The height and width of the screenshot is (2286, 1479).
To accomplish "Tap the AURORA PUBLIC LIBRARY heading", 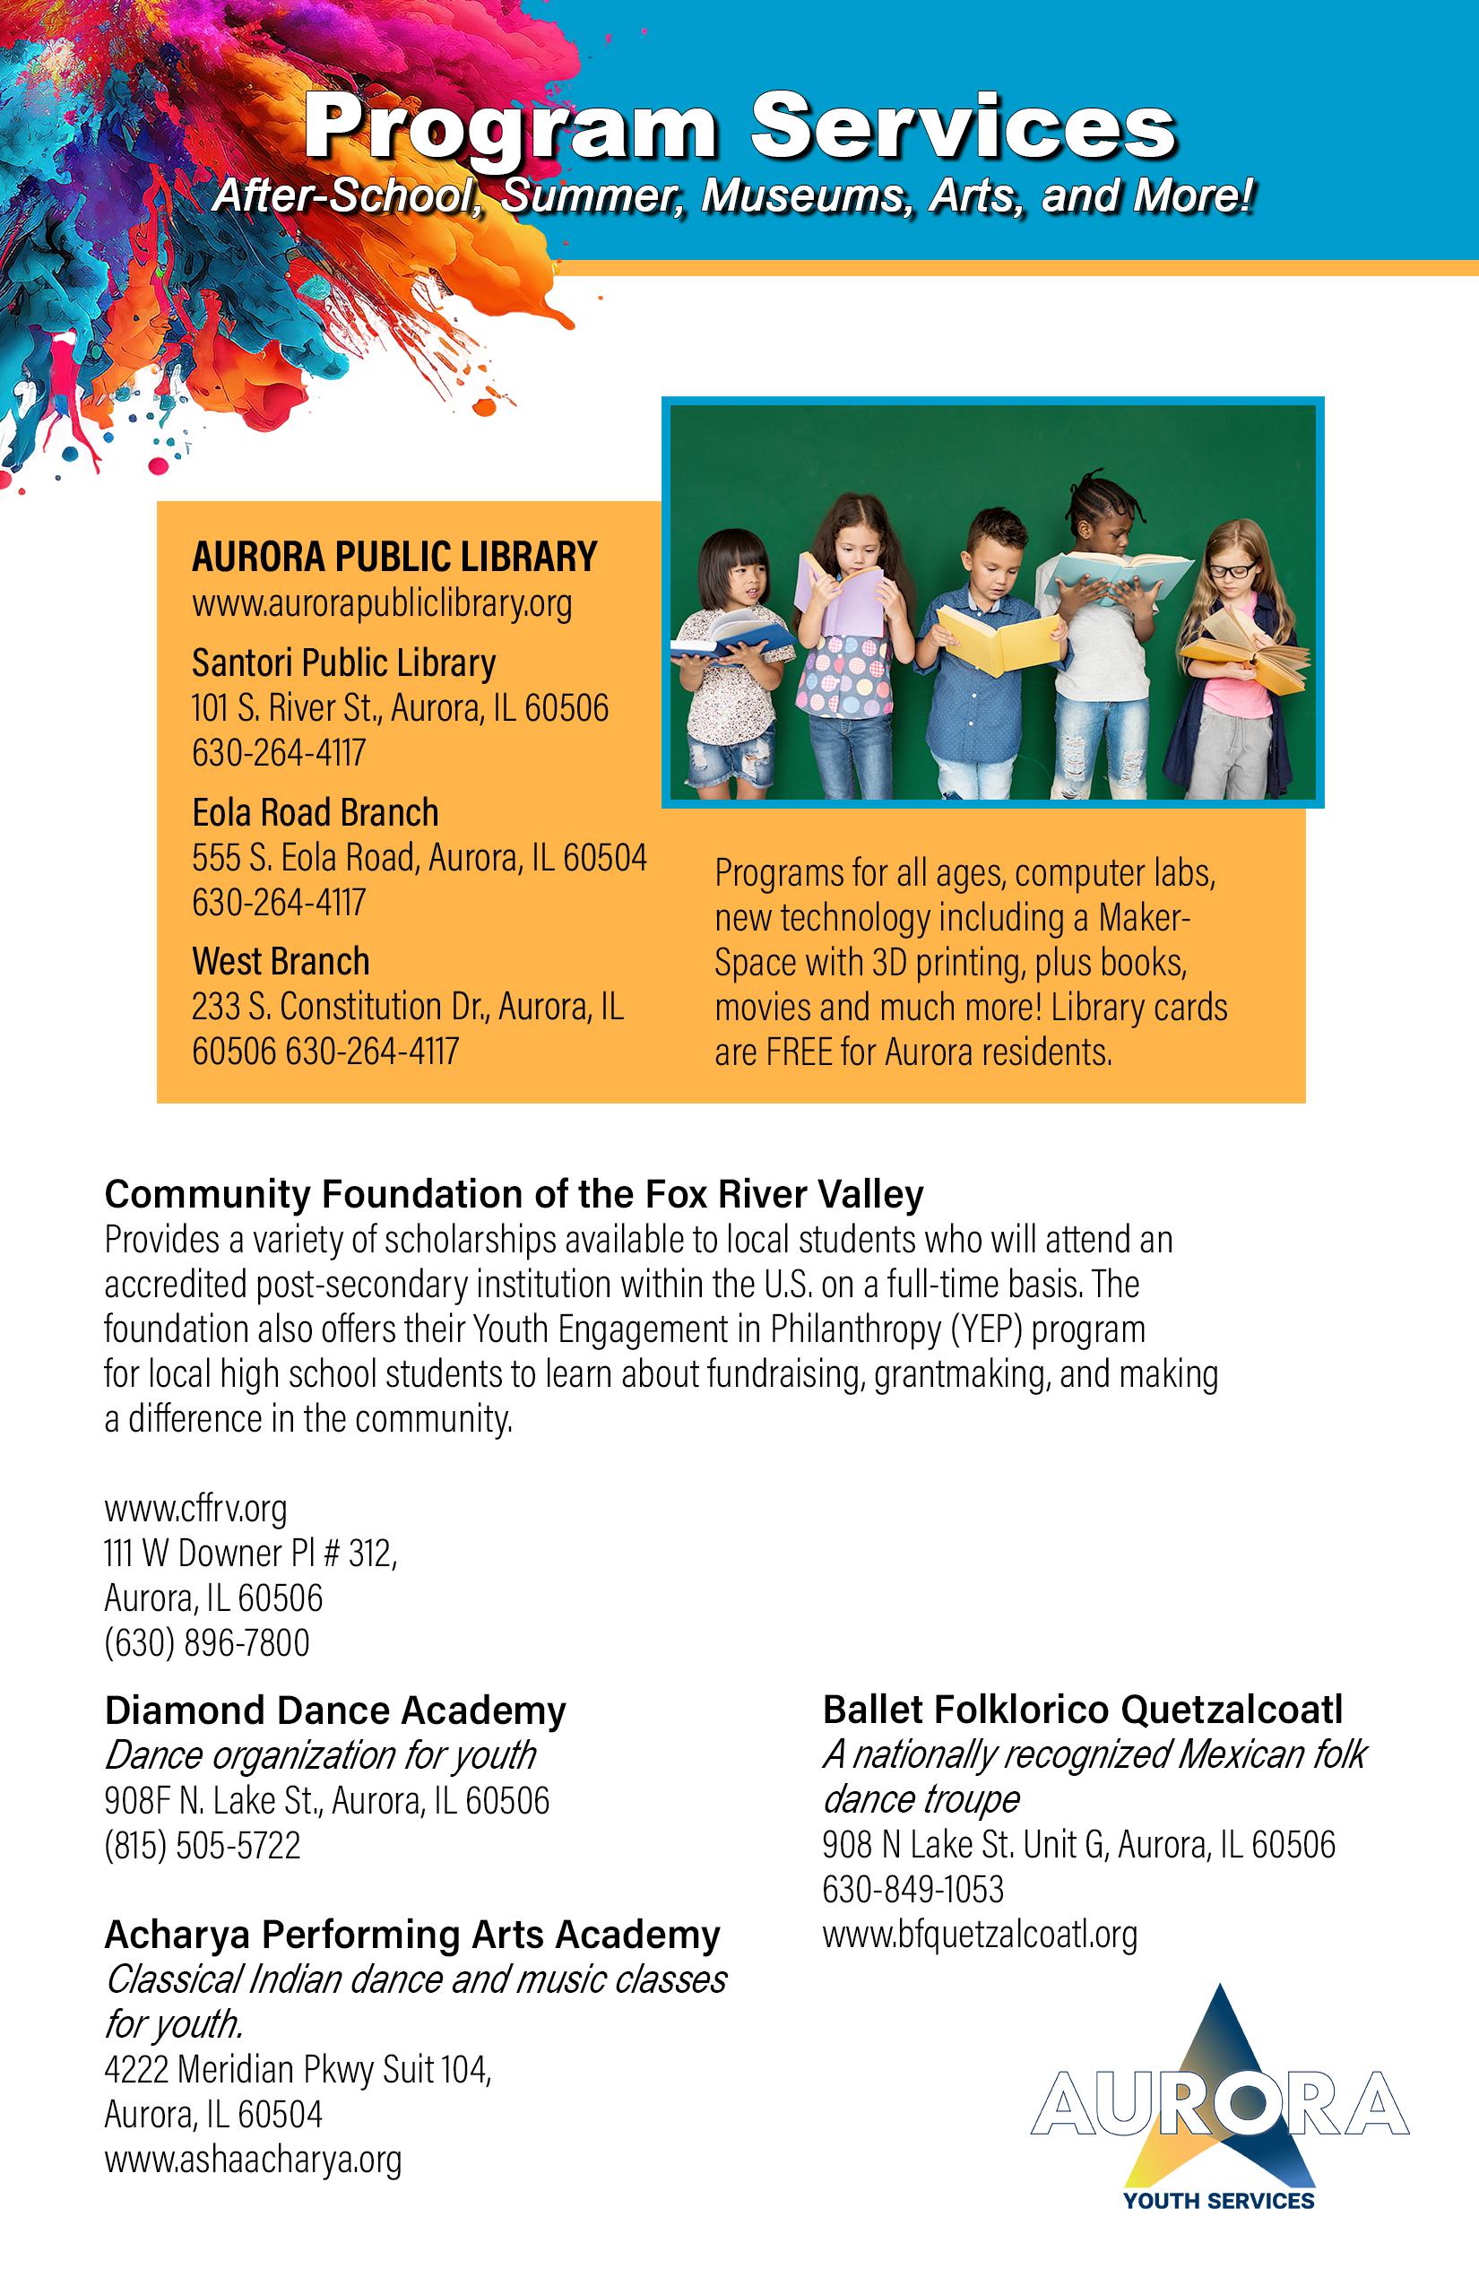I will [x=394, y=557].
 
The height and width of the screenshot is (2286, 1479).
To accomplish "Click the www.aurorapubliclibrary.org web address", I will [x=381, y=604].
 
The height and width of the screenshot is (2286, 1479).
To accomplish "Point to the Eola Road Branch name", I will [x=315, y=812].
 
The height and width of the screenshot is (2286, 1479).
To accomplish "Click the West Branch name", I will [x=281, y=961].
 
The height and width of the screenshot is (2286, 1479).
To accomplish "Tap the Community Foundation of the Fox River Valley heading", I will [x=514, y=1194].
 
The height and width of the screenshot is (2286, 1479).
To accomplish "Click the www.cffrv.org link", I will [x=195, y=1508].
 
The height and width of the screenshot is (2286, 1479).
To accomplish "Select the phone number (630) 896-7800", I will [x=206, y=1642].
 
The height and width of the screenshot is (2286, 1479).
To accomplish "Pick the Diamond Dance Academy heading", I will [x=335, y=1710].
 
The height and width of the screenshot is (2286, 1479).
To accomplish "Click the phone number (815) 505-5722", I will [x=202, y=1845].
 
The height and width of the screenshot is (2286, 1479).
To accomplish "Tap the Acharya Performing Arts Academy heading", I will [x=412, y=1935].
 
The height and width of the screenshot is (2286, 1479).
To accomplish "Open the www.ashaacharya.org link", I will [x=253, y=2160].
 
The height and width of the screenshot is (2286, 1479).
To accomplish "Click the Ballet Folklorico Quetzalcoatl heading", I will [x=1083, y=1710].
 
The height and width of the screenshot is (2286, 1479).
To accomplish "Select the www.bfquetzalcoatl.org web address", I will [x=980, y=1934].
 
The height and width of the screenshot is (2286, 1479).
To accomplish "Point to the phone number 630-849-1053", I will [x=912, y=1890].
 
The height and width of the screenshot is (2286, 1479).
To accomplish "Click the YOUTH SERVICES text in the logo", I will [x=1218, y=2200].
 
